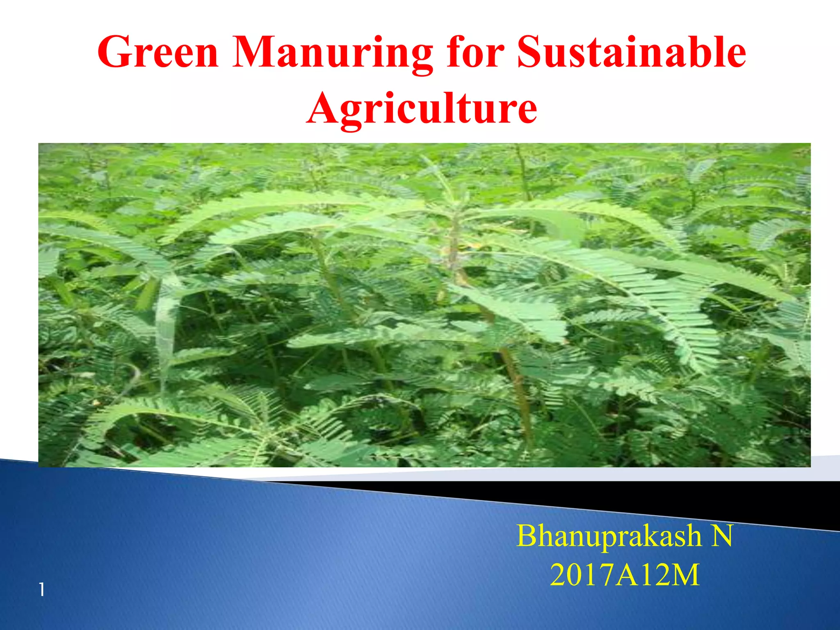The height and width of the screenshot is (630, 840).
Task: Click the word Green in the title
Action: pos(158,52)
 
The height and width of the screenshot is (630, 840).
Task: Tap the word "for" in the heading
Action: pos(475,52)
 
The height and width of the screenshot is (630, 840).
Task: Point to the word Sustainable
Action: pos(631,52)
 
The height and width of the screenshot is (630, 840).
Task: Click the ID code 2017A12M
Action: pos(624,575)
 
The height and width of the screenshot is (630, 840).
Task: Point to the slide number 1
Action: pos(42,590)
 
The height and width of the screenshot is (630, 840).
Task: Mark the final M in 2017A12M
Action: pos(685,575)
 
